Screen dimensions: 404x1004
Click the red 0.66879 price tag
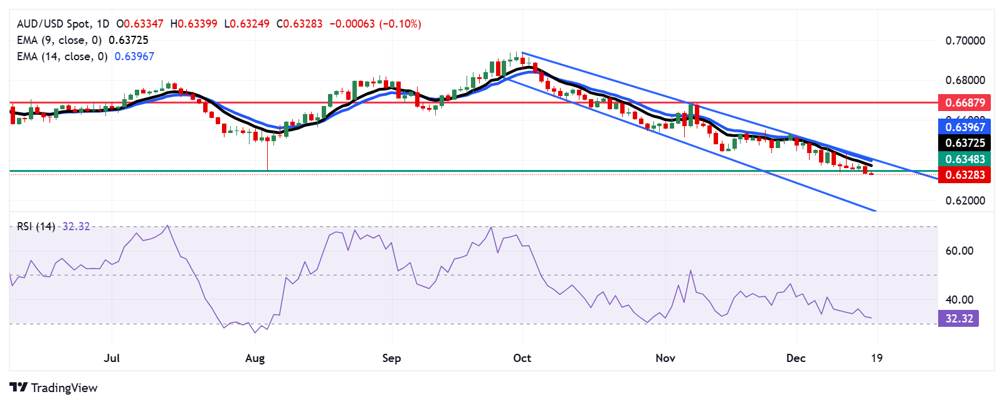click(x=964, y=102)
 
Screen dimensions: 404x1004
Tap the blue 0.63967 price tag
click(x=964, y=127)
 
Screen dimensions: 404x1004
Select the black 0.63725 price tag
click(x=964, y=143)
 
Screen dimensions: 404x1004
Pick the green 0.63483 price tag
click(x=964, y=159)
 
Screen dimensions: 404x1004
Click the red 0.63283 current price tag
click(x=964, y=175)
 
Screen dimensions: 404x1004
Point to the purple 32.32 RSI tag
click(x=959, y=319)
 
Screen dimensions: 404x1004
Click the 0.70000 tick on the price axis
click(x=965, y=41)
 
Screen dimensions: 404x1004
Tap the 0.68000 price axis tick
click(x=965, y=80)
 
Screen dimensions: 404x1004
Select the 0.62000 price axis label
click(x=965, y=201)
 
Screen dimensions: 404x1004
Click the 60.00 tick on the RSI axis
click(x=959, y=251)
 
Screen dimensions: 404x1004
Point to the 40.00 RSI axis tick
click(x=959, y=300)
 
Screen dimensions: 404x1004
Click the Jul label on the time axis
click(x=112, y=358)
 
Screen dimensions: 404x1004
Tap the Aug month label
click(x=255, y=358)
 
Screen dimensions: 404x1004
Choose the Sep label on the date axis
click(x=391, y=358)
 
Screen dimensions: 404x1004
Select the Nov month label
click(x=665, y=358)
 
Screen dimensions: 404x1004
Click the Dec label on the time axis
click(x=796, y=358)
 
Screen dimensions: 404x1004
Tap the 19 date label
click(x=877, y=358)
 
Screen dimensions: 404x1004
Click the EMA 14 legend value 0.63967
click(x=134, y=56)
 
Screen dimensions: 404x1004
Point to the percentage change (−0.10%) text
click(x=400, y=24)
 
